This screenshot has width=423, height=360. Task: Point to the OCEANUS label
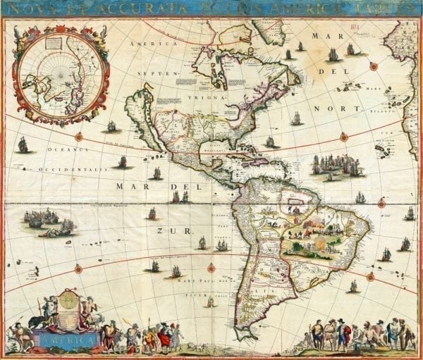(67, 149)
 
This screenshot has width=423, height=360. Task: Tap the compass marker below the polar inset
(79, 137)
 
